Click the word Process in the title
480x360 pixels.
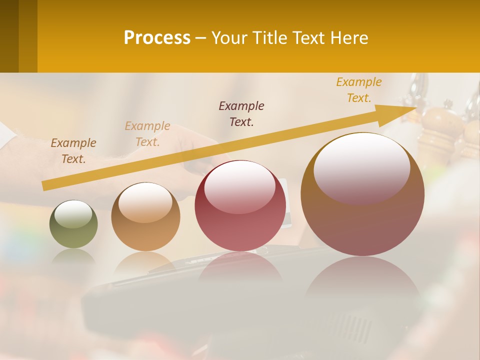point(157,38)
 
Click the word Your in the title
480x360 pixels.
point(228,38)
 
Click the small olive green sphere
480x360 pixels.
point(73,224)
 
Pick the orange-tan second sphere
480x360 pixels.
point(145,217)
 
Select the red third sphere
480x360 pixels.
point(240,206)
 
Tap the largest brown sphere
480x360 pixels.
point(362,194)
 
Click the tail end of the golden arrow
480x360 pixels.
point(46,185)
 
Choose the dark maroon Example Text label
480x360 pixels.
point(241,113)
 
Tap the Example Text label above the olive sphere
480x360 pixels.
point(73,151)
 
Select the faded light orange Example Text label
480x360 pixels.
point(147,134)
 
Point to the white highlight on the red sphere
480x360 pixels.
point(239,185)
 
